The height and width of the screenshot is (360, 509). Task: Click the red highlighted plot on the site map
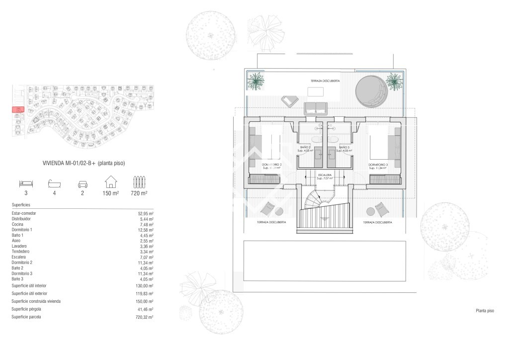(x=18, y=109)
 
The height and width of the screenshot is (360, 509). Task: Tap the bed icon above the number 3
(x=25, y=182)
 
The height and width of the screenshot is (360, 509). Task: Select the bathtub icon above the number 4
(x=54, y=182)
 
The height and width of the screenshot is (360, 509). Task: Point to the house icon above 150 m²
(x=110, y=181)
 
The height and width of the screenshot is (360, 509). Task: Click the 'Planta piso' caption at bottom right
(x=485, y=311)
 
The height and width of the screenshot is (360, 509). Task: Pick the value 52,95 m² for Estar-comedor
(x=145, y=213)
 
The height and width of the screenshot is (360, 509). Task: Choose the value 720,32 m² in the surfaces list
(x=144, y=317)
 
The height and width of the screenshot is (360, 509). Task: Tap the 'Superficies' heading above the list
(x=21, y=205)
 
